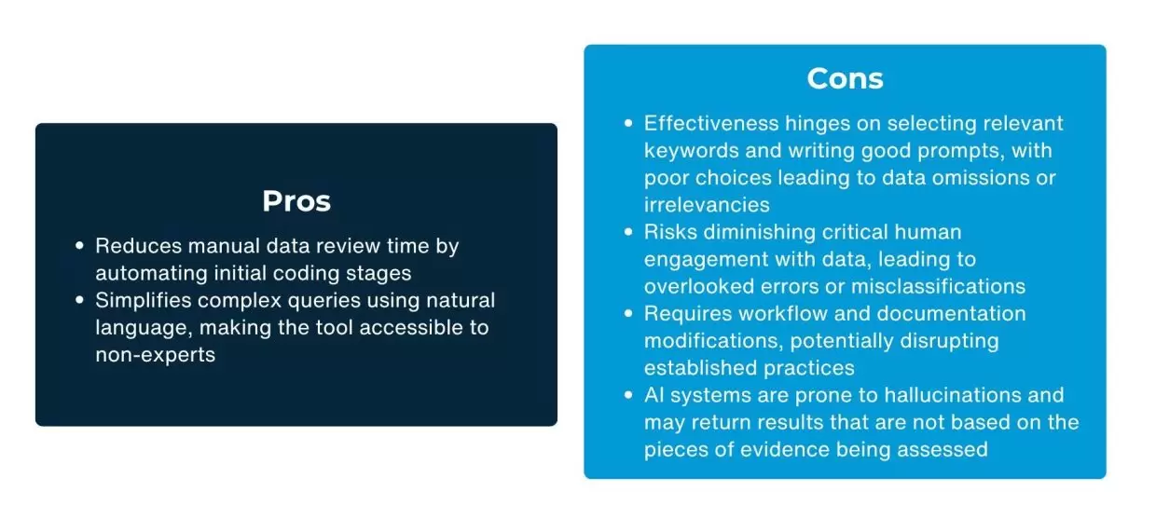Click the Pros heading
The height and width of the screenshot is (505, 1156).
pyautogui.click(x=296, y=201)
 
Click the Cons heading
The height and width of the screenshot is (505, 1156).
pyautogui.click(x=845, y=79)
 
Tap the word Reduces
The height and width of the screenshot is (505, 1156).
pyautogui.click(x=138, y=246)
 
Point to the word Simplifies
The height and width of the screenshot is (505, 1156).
pyautogui.click(x=144, y=301)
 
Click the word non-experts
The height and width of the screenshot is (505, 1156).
pyautogui.click(x=156, y=355)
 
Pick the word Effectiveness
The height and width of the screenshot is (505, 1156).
pyautogui.click(x=711, y=124)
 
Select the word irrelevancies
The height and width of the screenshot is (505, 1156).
pyautogui.click(x=707, y=205)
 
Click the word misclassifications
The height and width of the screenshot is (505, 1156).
pyautogui.click(x=938, y=287)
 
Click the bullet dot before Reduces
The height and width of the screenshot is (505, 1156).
pyautogui.click(x=79, y=246)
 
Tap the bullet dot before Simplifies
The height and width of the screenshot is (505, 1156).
pyautogui.click(x=79, y=300)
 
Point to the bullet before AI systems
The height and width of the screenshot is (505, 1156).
pyautogui.click(x=628, y=395)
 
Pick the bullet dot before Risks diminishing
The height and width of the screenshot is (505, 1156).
pyautogui.click(x=628, y=232)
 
